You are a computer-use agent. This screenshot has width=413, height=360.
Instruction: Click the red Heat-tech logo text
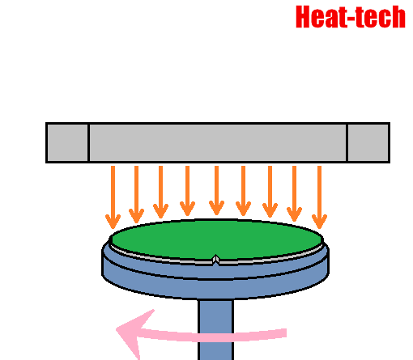point(351,17)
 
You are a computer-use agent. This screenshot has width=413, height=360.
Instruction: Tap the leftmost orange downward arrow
point(113,197)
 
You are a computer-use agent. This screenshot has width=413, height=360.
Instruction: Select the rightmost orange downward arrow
point(319,197)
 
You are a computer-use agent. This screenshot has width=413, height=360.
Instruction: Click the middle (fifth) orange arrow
point(216,190)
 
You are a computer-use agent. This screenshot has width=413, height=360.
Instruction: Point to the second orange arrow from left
point(136,194)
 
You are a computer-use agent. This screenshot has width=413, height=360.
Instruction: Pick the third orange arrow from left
point(160,192)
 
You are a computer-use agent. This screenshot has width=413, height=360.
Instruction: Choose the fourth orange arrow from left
point(187,191)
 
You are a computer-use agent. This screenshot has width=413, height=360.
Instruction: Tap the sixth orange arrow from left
point(243,191)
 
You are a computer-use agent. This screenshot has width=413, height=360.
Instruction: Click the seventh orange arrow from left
point(270,192)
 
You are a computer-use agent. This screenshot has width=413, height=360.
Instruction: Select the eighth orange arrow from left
point(294,193)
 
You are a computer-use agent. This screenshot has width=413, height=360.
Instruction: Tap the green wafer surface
point(216,239)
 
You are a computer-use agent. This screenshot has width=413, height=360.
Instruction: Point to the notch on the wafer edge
point(215,260)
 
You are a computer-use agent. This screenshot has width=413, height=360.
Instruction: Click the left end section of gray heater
point(67,142)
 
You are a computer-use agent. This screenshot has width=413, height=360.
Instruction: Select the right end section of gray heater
point(368,142)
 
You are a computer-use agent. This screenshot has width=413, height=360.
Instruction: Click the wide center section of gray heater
point(218,142)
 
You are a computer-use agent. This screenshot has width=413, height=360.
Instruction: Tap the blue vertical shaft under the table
point(215,329)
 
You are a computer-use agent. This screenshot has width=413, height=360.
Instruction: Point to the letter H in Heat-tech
point(302,17)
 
